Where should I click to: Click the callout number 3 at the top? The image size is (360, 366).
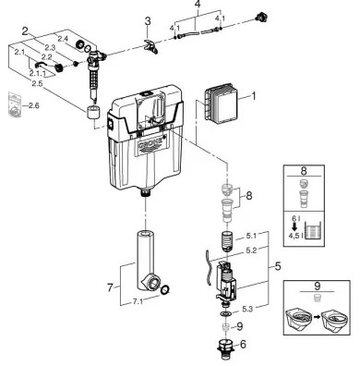click(x=147, y=19)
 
